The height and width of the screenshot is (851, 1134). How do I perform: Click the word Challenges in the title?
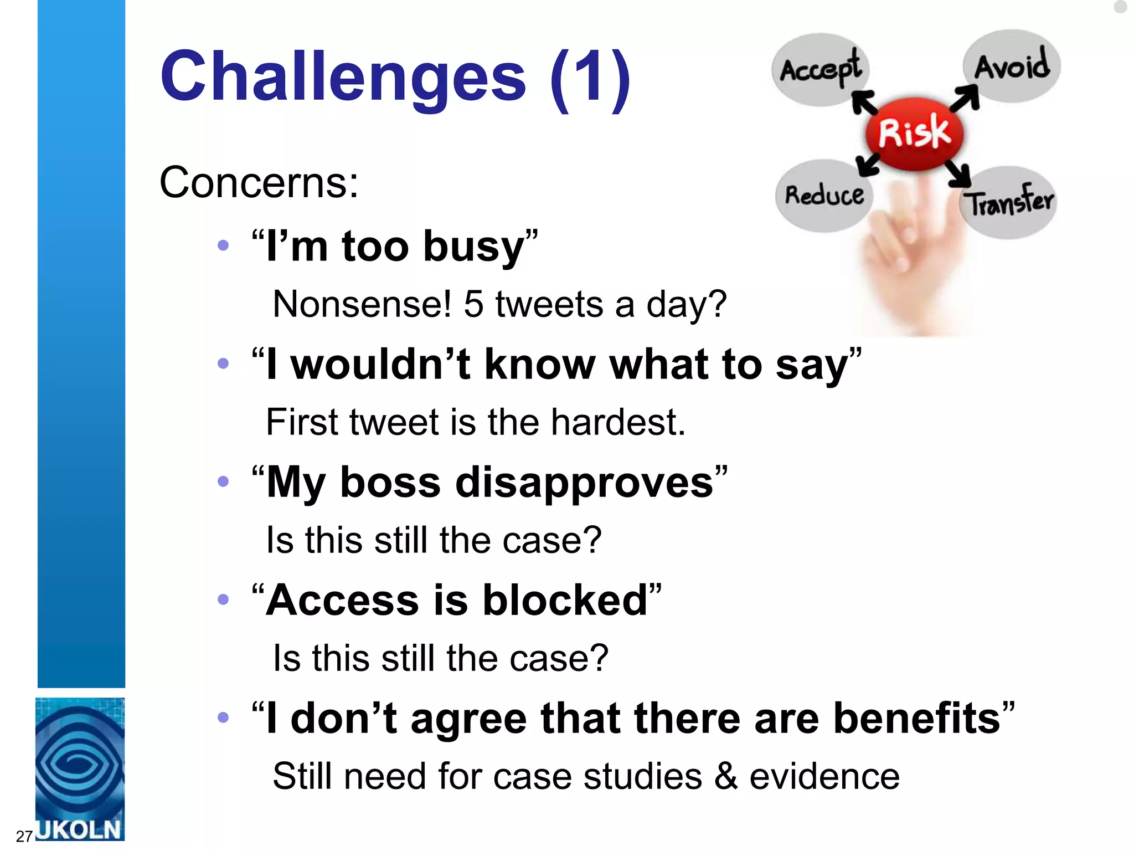pos(343,76)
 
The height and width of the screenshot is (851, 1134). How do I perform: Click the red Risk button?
pos(914,133)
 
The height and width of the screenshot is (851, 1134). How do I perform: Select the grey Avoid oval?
pos(1012,66)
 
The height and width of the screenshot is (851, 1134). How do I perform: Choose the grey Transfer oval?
pos(1009,202)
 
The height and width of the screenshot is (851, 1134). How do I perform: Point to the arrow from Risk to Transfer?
pos(958,174)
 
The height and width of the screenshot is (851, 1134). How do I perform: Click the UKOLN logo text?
pos(80,829)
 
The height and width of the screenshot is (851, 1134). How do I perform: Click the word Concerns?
pos(259,182)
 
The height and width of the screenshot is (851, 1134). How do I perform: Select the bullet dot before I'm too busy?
pos(223,245)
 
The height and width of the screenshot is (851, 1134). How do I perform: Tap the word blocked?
pos(565,600)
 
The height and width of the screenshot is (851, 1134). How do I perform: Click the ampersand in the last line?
pos(726,776)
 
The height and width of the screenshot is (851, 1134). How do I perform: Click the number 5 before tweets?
pos(473,304)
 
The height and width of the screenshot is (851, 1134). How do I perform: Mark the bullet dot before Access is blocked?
pos(223,599)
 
